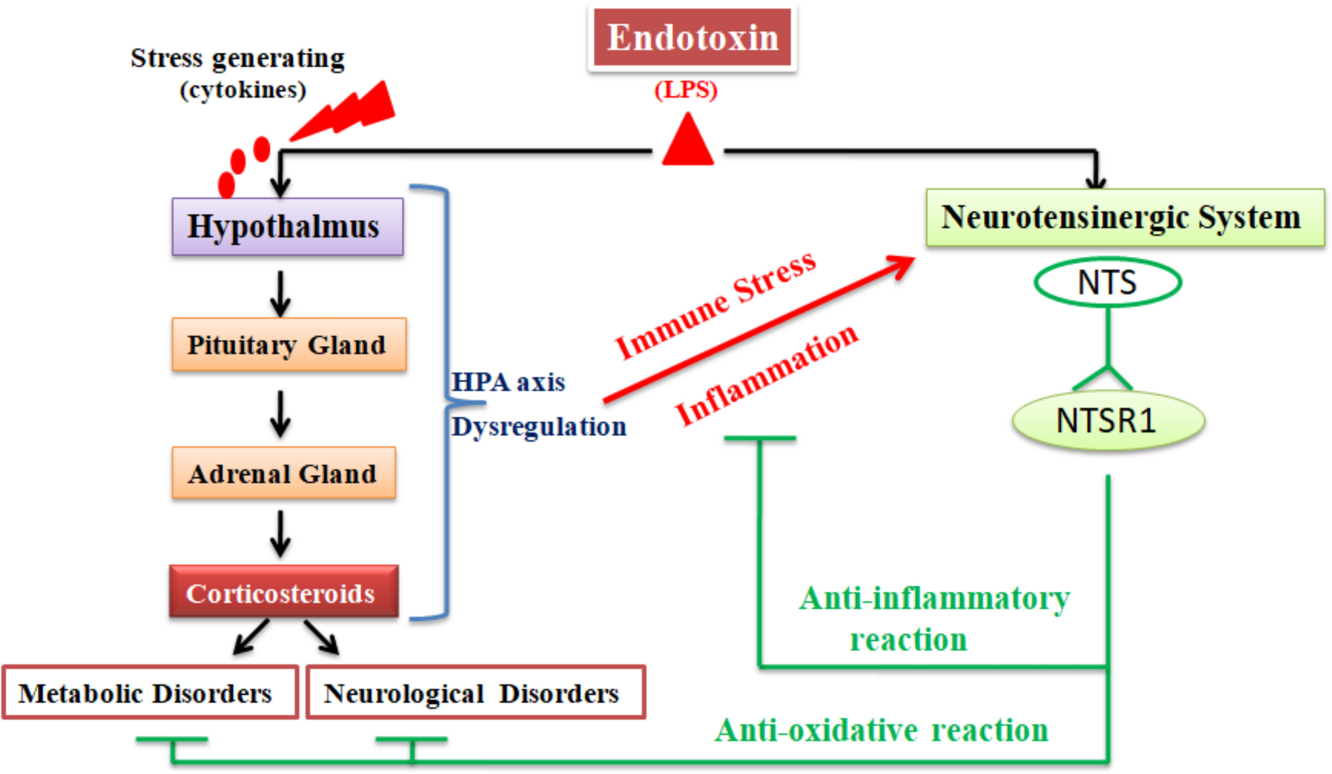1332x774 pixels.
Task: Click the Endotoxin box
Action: click(692, 38)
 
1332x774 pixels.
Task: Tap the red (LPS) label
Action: click(685, 89)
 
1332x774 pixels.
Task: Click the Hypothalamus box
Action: click(287, 227)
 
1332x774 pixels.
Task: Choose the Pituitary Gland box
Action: click(288, 345)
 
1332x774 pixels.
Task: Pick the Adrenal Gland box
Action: click(283, 473)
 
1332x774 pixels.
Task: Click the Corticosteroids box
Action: click(283, 592)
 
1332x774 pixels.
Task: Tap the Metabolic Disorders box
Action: click(149, 693)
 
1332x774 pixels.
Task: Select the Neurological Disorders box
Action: click(475, 693)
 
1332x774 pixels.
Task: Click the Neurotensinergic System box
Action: click(1124, 218)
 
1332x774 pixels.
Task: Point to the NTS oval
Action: click(1107, 282)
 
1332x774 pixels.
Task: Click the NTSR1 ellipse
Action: click(1107, 421)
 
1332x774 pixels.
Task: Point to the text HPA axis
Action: click(508, 382)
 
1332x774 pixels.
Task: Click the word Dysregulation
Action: click(538, 427)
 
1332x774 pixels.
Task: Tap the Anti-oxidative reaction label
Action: click(881, 731)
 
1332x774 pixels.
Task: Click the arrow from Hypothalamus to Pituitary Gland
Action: click(280, 293)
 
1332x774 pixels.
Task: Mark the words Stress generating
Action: click(237, 58)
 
